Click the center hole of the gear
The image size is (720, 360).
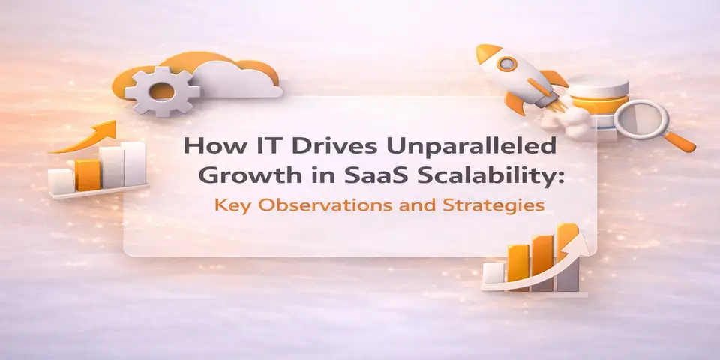tap(161, 91)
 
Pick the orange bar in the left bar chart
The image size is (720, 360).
tap(88, 173)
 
